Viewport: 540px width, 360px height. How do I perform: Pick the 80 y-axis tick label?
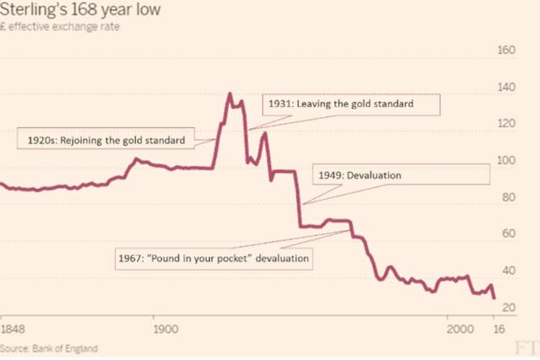505,197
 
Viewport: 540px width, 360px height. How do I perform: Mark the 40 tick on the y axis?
505,271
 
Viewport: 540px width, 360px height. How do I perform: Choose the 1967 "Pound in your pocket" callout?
213,258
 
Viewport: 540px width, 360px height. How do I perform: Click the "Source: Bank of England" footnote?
49,347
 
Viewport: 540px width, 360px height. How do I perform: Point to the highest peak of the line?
229,94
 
